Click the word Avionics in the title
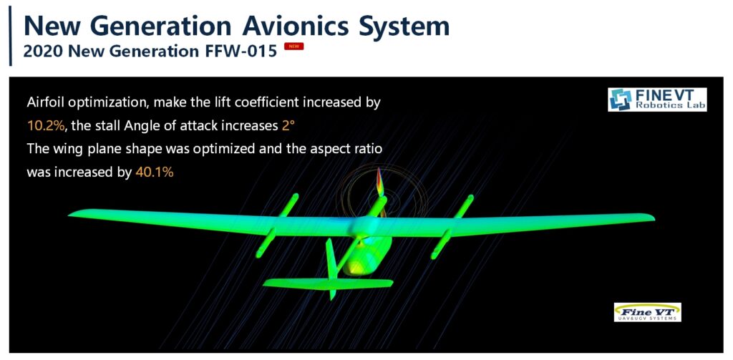tap(296, 26)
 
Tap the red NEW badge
tap(293, 47)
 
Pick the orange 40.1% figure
tap(155, 172)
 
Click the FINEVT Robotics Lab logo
tap(657, 99)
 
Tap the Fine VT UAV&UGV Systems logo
tap(647, 312)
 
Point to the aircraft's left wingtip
tap(70, 214)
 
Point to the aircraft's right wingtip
tap(653, 218)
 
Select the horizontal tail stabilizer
tap(328, 284)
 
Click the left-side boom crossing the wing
tap(277, 225)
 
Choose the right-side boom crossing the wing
tap(452, 227)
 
